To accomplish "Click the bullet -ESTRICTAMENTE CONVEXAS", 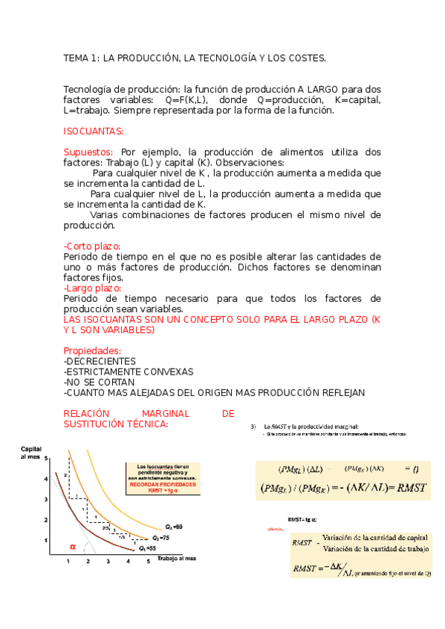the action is point(129,371).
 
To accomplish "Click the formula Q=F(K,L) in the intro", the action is point(186,99).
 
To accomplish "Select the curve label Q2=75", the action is point(161,536).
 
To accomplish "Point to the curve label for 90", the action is point(174,526).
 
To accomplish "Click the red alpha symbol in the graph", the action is point(73,547).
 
